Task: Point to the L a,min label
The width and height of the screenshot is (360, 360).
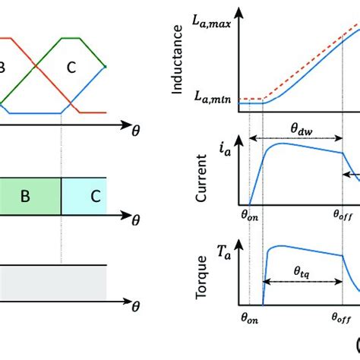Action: coord(215,97)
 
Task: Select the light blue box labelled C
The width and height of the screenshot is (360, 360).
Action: coord(84,196)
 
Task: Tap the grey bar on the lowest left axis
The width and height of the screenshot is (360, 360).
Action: coord(53,281)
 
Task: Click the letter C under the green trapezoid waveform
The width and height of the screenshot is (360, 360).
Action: coord(71,68)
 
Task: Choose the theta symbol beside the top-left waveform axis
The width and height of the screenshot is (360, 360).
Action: coord(135,131)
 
